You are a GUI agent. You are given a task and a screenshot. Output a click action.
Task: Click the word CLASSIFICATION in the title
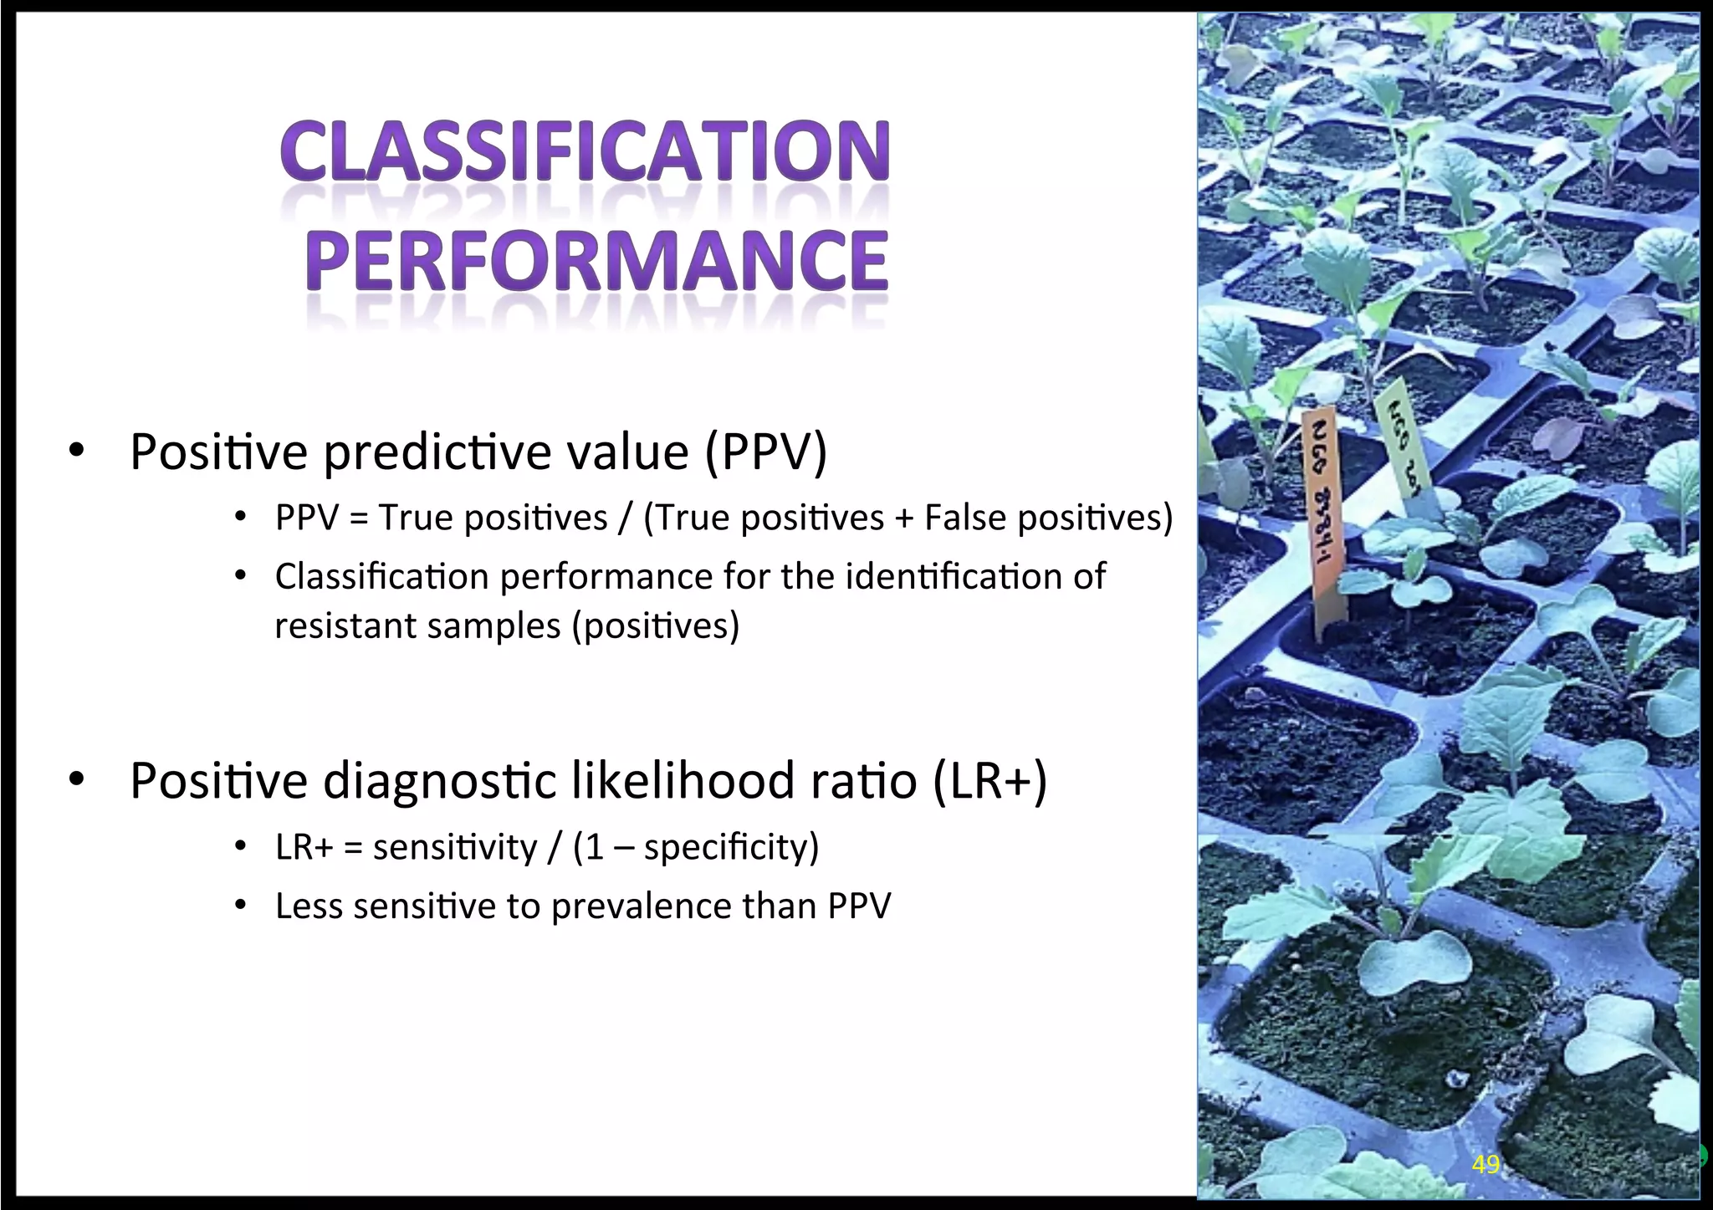(x=585, y=151)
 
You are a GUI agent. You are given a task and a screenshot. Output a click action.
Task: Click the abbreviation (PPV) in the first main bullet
(x=765, y=452)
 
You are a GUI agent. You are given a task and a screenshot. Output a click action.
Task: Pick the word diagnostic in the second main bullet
(x=440, y=781)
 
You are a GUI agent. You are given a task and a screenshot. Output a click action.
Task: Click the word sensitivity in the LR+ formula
(x=454, y=847)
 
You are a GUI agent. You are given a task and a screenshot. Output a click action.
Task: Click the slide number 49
(x=1485, y=1165)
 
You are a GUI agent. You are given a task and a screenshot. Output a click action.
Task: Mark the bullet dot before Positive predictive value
(x=77, y=452)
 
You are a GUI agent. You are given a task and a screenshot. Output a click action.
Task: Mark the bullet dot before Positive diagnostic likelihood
(x=77, y=780)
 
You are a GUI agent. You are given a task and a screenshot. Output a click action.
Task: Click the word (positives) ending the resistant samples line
(x=656, y=625)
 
